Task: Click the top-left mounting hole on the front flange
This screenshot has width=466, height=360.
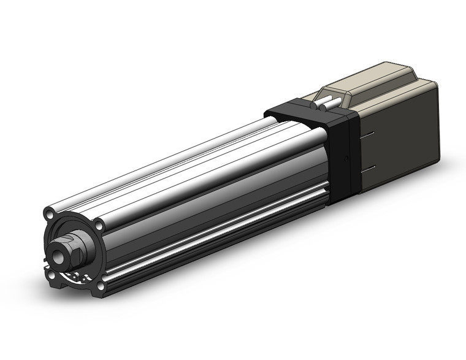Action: click(x=49, y=215)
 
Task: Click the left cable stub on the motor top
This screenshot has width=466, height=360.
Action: click(x=324, y=102)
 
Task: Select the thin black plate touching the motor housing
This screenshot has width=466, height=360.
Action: click(x=352, y=153)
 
